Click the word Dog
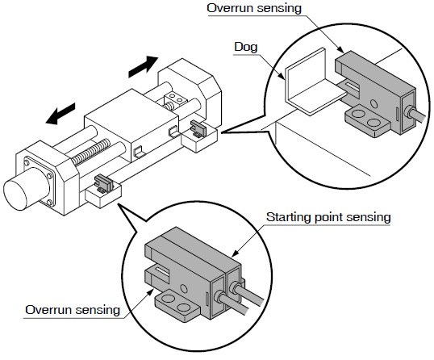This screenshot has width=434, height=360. coord(246,47)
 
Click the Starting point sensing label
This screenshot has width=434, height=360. coord(328,217)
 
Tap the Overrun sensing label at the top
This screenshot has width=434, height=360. coord(254,8)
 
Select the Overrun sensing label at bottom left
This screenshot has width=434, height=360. coord(73,310)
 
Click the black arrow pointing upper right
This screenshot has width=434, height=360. coord(144,66)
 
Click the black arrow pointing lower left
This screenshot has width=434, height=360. coord(61,114)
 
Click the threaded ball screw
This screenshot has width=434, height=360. coord(92,150)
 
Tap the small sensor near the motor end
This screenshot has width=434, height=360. coord(103,183)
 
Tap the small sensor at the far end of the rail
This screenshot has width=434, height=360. coord(198,129)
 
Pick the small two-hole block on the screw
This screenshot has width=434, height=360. coord(175,99)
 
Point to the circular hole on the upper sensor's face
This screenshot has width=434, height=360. coord(373,104)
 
